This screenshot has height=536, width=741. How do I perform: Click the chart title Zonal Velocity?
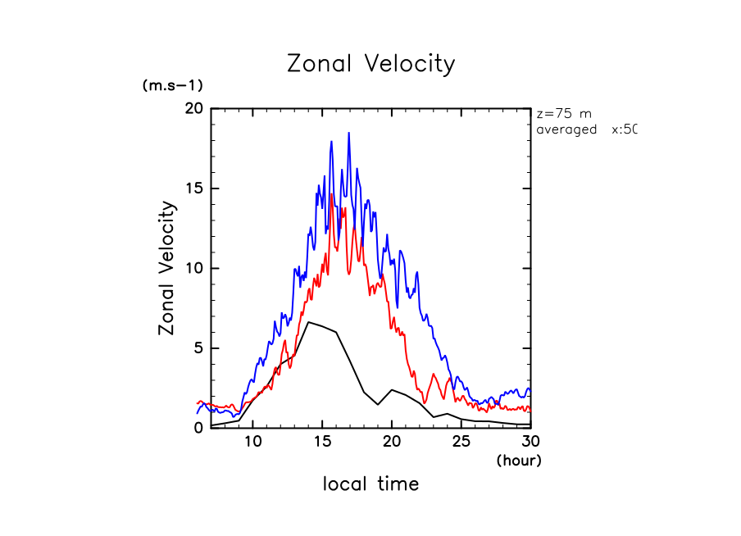pos(370,64)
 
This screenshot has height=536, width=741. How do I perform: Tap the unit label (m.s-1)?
pos(173,85)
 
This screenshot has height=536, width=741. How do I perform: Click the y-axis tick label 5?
pos(197,348)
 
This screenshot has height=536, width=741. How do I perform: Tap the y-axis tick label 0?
pos(197,428)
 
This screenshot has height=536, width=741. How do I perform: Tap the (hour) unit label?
pos(519,461)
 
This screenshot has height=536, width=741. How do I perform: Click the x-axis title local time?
pos(370,484)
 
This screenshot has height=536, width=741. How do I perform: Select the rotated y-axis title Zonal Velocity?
pos(167,268)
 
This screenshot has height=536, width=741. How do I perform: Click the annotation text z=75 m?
pos(564,114)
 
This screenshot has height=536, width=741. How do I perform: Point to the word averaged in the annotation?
pos(566,129)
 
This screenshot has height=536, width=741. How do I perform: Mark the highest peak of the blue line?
pos(348,133)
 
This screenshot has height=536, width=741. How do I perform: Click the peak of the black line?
pos(308,322)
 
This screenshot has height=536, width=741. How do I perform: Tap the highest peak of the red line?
pos(331,195)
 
